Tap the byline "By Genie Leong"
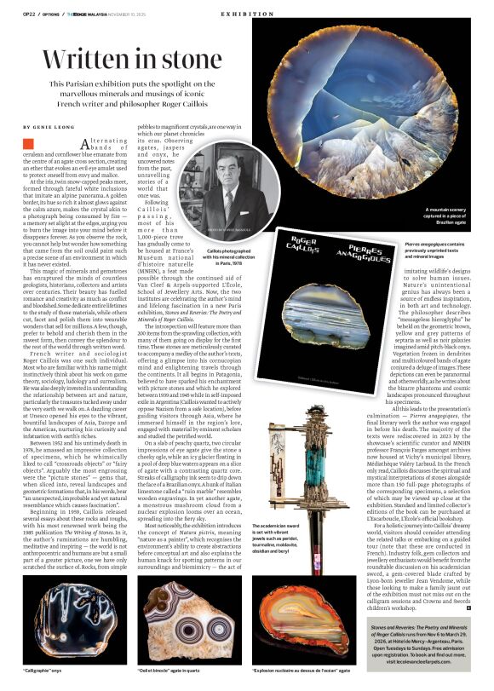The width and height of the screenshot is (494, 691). (50, 125)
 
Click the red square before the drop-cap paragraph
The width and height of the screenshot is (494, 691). (28, 145)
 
